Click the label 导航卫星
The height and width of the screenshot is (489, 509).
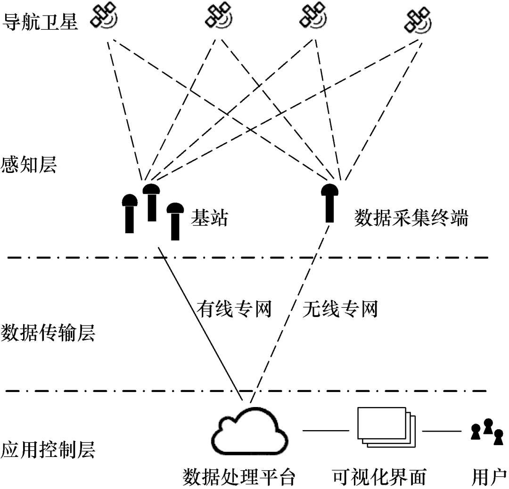click(40, 20)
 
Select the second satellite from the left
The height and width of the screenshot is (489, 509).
click(218, 16)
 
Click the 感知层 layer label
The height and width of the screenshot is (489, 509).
click(29, 165)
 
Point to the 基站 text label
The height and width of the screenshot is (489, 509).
click(209, 218)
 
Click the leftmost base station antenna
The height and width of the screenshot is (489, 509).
click(129, 213)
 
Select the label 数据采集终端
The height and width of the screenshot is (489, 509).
click(411, 218)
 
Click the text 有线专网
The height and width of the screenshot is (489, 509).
click(234, 310)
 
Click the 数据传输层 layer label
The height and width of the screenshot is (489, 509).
click(49, 334)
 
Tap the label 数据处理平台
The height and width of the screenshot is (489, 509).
click(239, 477)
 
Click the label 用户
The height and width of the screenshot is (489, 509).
click(489, 477)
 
